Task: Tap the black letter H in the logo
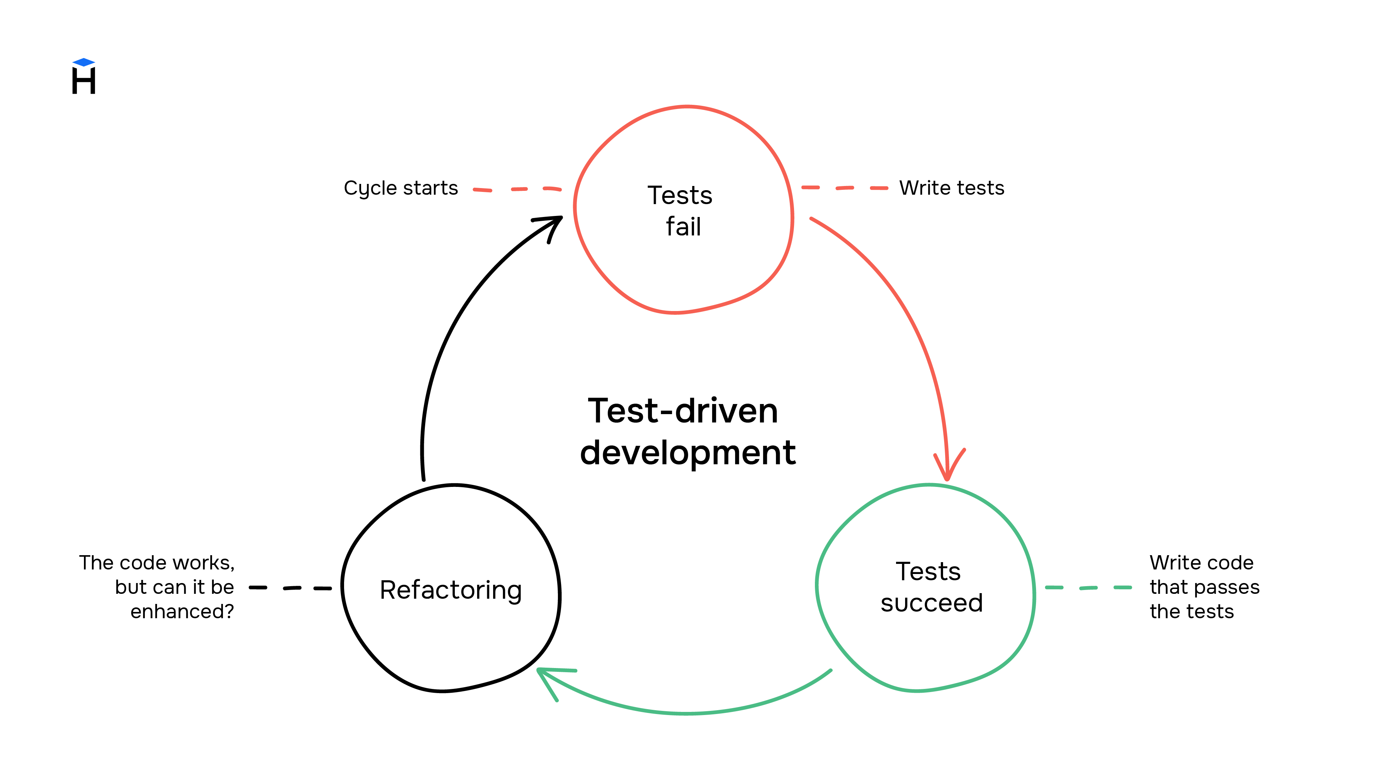pyautogui.click(x=84, y=81)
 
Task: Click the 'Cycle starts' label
pyautogui.click(x=401, y=188)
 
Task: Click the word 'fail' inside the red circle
pyautogui.click(x=683, y=226)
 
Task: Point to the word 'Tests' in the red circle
pyautogui.click(x=680, y=195)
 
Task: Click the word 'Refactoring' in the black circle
pyautogui.click(x=450, y=590)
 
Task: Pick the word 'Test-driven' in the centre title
pyautogui.click(x=683, y=411)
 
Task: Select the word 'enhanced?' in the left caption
pyautogui.click(x=182, y=612)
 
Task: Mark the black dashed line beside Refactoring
pyautogui.click(x=290, y=588)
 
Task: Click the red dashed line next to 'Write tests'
pyautogui.click(x=845, y=188)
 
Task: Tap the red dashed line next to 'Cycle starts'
pyautogui.click(x=517, y=189)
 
